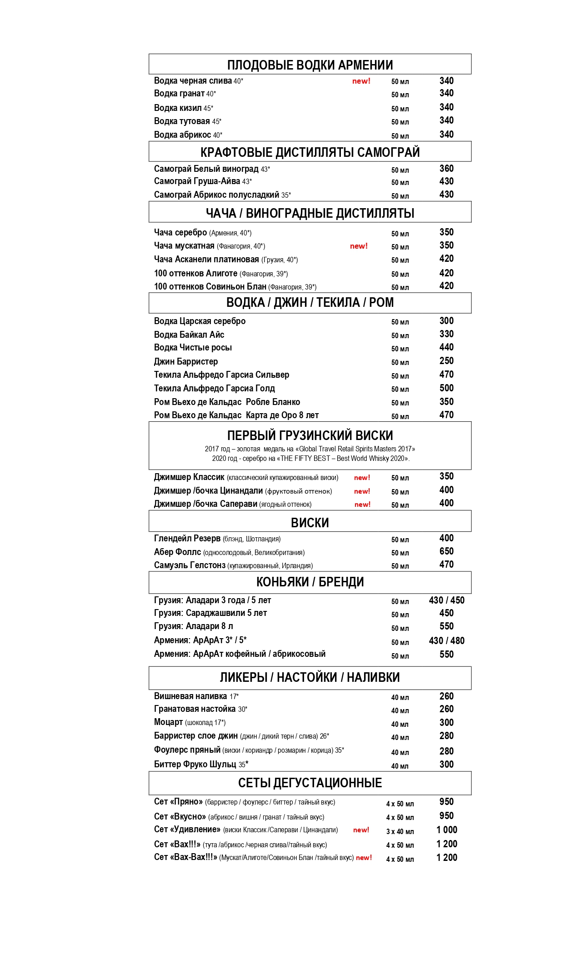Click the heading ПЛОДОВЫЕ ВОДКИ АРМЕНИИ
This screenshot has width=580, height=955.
point(310,65)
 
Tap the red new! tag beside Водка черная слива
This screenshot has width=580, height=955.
point(361,81)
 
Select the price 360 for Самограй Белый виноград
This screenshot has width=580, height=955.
point(446,169)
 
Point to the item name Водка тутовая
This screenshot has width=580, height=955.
point(182,121)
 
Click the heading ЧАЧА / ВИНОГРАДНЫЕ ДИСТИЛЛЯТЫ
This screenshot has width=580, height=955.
point(310,213)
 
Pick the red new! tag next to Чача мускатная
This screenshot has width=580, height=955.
point(359,246)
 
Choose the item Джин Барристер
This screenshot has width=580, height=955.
point(186,362)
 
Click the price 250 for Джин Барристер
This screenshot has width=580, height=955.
point(446,361)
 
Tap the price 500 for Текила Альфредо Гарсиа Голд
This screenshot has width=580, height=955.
point(446,388)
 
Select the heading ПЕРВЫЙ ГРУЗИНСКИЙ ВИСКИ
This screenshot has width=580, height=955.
point(310,435)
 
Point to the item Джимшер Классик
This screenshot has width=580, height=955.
point(189,477)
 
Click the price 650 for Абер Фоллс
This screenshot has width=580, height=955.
point(446,551)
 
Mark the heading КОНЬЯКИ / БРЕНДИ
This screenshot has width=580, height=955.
point(310,582)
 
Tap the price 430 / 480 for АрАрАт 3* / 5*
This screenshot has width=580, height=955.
point(446,641)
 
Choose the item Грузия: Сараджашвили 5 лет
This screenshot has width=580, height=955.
point(210,613)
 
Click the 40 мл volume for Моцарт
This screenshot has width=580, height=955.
point(400,724)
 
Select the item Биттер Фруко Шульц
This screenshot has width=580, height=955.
point(195,764)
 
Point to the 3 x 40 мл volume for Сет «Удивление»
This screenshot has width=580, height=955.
point(400,831)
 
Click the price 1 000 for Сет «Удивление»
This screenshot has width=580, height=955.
point(446,830)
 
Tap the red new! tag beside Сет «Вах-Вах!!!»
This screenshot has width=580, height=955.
point(364,858)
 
